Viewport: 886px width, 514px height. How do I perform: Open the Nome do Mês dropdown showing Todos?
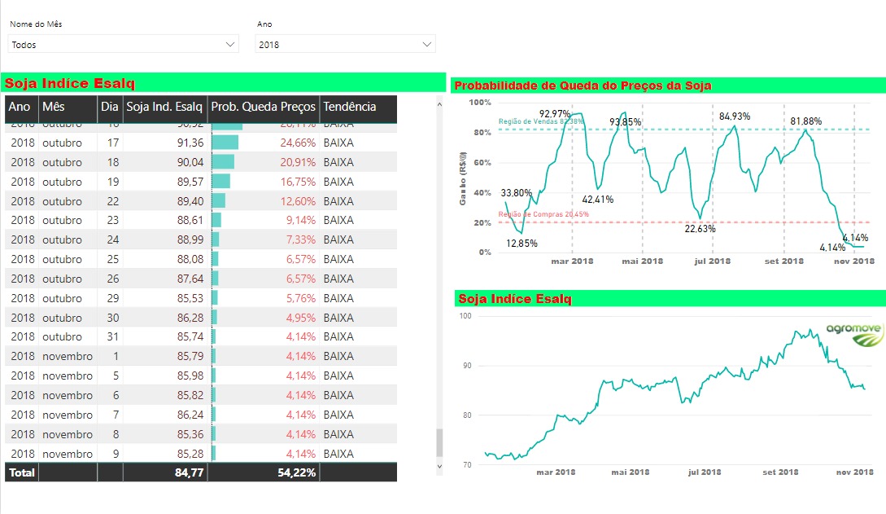tap(123, 45)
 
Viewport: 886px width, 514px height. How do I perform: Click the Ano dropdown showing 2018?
tap(345, 45)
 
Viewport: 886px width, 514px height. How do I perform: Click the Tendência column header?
tap(350, 107)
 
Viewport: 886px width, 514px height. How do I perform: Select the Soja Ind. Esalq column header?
tap(164, 107)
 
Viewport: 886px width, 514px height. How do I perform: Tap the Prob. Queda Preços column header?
tap(263, 107)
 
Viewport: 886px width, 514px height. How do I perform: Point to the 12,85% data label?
tap(522, 244)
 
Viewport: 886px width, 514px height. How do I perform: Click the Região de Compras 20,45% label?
tap(532, 214)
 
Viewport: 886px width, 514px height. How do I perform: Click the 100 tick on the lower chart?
tap(466, 315)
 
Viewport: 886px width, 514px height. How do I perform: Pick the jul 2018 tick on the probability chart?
tap(713, 261)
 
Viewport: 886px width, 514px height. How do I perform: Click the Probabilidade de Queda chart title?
tap(583, 86)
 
